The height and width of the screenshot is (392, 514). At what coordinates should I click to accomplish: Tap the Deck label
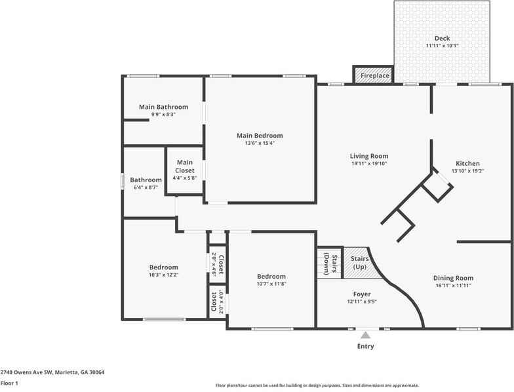(442, 39)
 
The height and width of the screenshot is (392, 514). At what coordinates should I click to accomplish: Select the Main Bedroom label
(260, 136)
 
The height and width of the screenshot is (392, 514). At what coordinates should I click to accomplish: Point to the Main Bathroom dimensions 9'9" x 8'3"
(163, 115)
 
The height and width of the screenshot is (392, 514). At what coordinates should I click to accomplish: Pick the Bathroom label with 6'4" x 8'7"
(145, 180)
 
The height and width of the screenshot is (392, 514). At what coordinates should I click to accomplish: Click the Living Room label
(368, 156)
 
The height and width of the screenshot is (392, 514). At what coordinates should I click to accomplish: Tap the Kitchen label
(467, 163)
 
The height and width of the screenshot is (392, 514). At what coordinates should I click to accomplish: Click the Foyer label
(361, 294)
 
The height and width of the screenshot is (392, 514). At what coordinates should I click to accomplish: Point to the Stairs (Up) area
(358, 262)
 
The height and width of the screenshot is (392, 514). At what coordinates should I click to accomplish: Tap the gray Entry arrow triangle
(365, 335)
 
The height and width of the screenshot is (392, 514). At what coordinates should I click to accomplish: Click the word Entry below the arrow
(365, 346)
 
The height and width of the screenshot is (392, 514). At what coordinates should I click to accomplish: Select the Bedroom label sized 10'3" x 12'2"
(163, 267)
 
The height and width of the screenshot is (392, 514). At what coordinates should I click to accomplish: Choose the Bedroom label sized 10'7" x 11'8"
(271, 277)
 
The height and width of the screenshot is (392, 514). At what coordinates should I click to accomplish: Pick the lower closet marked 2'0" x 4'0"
(217, 302)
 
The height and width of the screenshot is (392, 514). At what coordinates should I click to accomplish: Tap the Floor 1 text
(9, 383)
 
